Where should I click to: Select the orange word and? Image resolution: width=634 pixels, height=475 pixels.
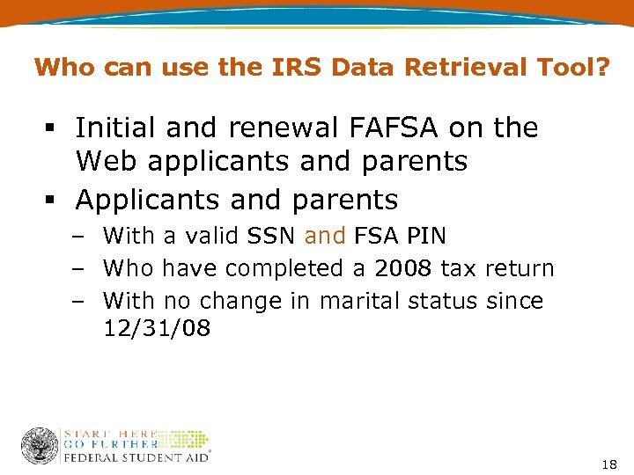[324, 236]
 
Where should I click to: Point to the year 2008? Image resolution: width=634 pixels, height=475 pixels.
[401, 268]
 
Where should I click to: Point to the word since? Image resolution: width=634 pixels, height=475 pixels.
[514, 301]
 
